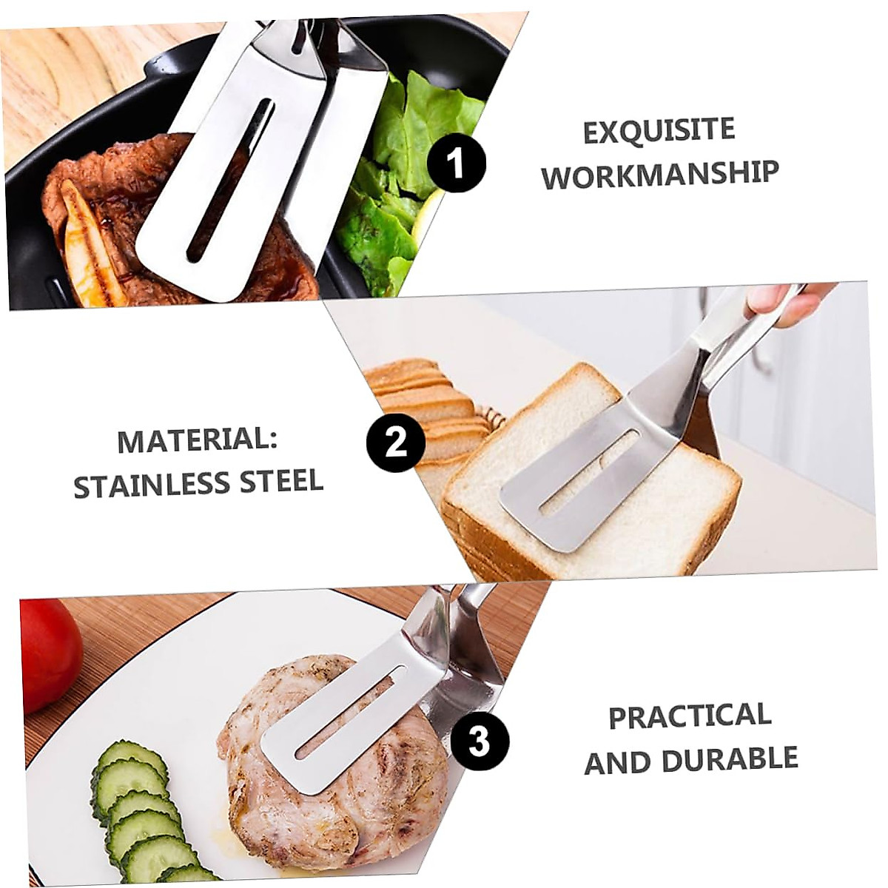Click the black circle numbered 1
[457, 163]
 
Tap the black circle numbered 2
[396, 443]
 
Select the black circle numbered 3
[479, 740]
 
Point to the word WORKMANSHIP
[660, 175]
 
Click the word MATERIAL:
[197, 441]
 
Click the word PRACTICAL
[690, 716]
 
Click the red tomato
[47, 643]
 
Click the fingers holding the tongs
[784, 299]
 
